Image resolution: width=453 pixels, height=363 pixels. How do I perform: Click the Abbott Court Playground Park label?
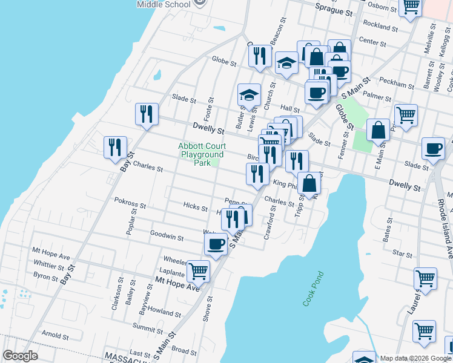(x=202, y=154)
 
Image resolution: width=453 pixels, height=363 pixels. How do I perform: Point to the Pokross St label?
(x=130, y=206)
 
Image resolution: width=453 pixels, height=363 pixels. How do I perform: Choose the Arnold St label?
(x=55, y=335)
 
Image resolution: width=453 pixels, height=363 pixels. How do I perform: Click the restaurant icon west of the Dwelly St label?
(x=147, y=114)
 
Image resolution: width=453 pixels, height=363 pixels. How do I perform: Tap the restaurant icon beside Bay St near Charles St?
(x=115, y=147)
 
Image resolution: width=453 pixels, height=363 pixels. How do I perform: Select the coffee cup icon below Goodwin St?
(x=216, y=244)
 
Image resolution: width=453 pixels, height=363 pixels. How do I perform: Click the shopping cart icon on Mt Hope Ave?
(x=198, y=271)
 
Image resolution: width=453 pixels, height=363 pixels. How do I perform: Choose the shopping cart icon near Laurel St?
(x=425, y=279)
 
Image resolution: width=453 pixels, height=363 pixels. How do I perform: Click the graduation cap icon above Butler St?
(x=249, y=94)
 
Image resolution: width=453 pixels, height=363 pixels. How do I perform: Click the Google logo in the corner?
(x=21, y=356)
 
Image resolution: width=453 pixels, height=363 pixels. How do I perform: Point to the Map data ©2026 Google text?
(x=415, y=358)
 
